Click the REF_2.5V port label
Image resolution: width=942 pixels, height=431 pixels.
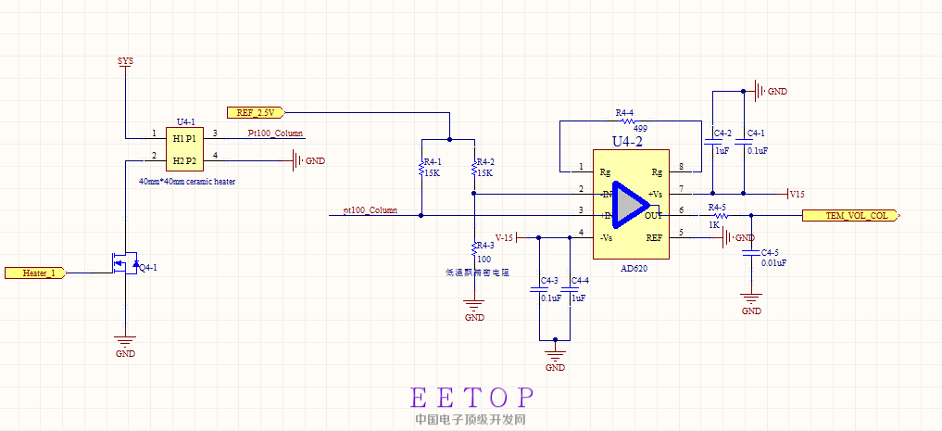(257, 113)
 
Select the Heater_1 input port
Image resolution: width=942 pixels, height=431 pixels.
(33, 273)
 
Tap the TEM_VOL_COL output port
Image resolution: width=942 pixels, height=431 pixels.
(856, 215)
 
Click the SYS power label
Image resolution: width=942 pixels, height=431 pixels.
(125, 61)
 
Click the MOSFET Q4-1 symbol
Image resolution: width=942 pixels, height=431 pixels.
(126, 265)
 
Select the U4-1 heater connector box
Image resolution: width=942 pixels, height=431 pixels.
(185, 148)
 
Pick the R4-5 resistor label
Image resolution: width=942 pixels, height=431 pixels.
(716, 207)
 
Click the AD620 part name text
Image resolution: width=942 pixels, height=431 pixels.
(634, 269)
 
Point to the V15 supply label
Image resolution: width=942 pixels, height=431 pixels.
(796, 194)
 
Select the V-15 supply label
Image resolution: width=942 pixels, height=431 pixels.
(505, 237)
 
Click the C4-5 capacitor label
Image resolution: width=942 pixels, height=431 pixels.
(770, 252)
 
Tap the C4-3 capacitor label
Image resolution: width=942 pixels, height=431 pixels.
(549, 280)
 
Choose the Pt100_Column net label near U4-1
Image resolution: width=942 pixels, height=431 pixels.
(275, 133)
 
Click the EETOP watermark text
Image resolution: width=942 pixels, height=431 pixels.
(471, 398)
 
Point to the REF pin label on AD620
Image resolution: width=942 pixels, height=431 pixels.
(654, 237)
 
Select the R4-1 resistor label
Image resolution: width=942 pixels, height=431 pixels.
(432, 162)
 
